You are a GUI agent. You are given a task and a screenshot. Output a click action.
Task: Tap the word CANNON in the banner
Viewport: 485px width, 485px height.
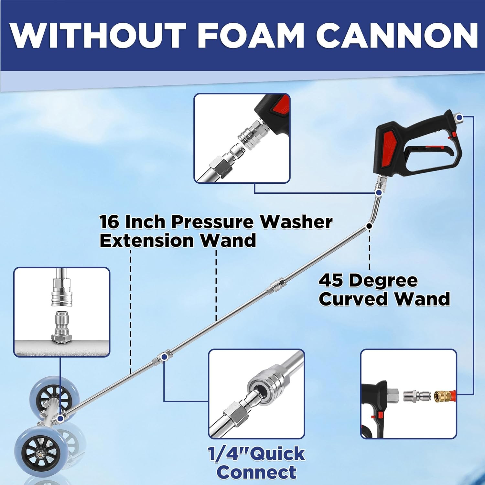[x=397, y=36]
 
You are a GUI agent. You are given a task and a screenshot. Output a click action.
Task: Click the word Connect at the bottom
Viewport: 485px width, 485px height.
[x=256, y=472]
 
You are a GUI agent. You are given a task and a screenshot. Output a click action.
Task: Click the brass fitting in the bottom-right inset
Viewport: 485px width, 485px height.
[x=440, y=394]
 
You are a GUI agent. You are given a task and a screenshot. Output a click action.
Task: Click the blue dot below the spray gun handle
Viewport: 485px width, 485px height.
[x=379, y=193]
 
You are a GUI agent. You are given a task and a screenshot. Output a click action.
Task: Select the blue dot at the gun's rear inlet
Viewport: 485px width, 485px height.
[x=460, y=117]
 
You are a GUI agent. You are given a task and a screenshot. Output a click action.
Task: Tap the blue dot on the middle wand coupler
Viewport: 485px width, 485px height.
[x=164, y=357]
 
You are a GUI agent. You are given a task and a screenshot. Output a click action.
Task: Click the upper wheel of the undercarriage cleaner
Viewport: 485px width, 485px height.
[x=50, y=393]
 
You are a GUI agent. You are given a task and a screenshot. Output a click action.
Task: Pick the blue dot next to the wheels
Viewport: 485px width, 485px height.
[x=60, y=419]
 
